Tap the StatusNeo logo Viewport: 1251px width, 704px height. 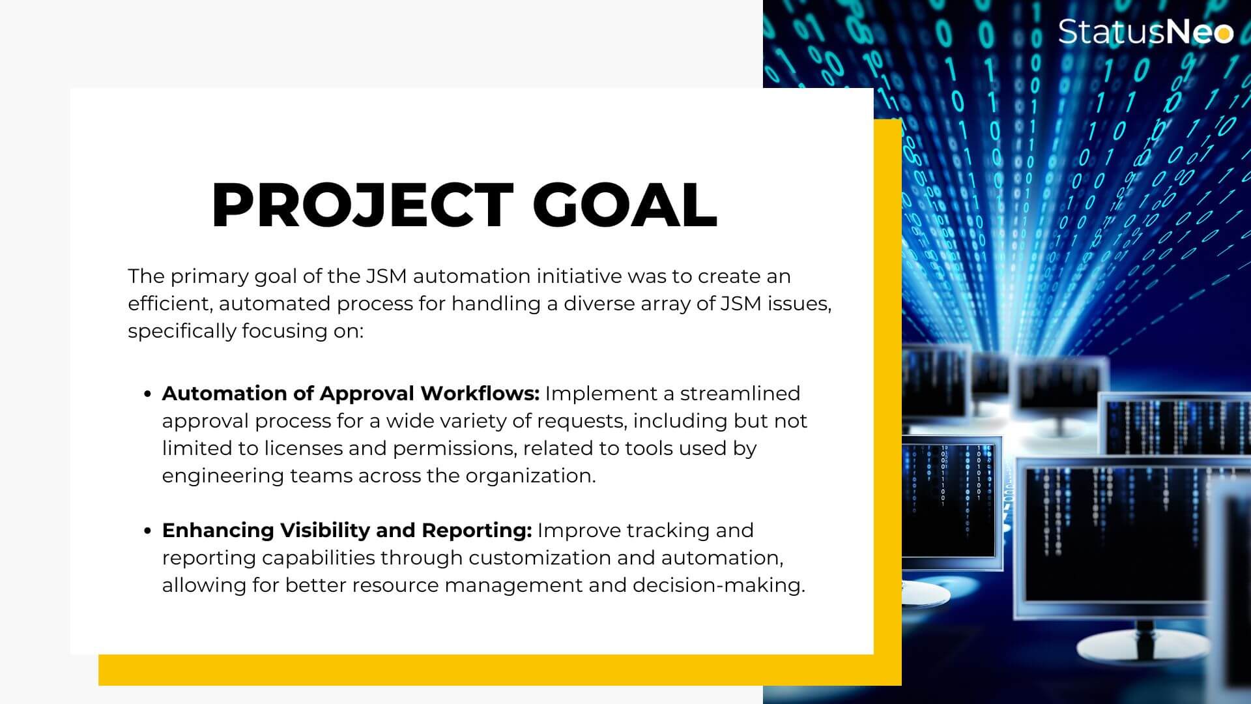coord(1145,31)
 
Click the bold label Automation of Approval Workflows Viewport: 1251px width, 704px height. coord(351,394)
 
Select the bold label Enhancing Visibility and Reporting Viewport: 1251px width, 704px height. coord(347,531)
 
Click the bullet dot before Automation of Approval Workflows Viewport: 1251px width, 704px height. coord(148,394)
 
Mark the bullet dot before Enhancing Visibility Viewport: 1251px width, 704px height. coord(148,531)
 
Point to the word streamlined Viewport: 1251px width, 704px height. coord(740,394)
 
